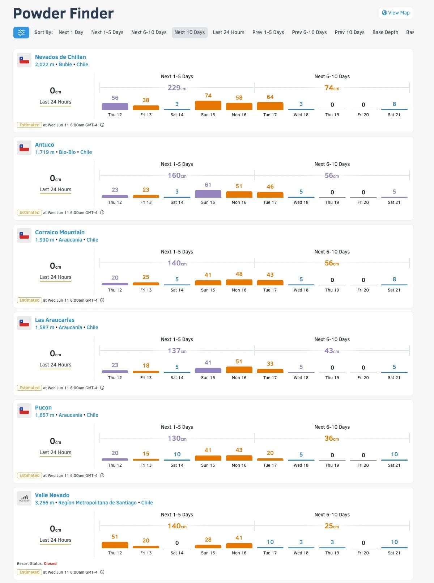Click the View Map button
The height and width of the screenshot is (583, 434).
pos(396,13)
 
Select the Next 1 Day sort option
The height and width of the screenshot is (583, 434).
pos(71,32)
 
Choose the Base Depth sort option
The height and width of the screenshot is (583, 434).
pos(385,32)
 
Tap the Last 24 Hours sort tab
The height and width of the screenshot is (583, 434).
pos(228,32)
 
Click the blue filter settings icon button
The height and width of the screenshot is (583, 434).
pos(21,32)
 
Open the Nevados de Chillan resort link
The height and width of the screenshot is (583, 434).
pos(60,57)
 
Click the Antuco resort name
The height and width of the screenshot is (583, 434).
pos(44,144)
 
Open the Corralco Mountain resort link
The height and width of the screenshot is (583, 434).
pos(60,232)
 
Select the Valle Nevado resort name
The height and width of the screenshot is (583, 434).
pos(52,495)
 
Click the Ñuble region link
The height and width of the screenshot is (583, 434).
pos(65,64)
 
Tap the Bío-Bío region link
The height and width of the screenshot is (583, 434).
pos(67,152)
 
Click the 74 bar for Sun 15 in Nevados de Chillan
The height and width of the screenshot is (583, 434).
pos(208,105)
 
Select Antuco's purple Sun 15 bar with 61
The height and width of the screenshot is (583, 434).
pos(208,193)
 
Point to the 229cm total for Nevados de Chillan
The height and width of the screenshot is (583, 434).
pos(177,88)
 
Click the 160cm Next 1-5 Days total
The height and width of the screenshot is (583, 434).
pos(177,176)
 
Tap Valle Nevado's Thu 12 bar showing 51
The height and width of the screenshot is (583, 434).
pos(115,545)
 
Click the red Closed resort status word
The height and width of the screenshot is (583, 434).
pos(50,563)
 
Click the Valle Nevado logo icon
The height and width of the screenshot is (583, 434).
pos(24,498)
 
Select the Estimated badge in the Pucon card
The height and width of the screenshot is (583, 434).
pos(29,475)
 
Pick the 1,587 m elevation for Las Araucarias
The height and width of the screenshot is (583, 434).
pos(44,327)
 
